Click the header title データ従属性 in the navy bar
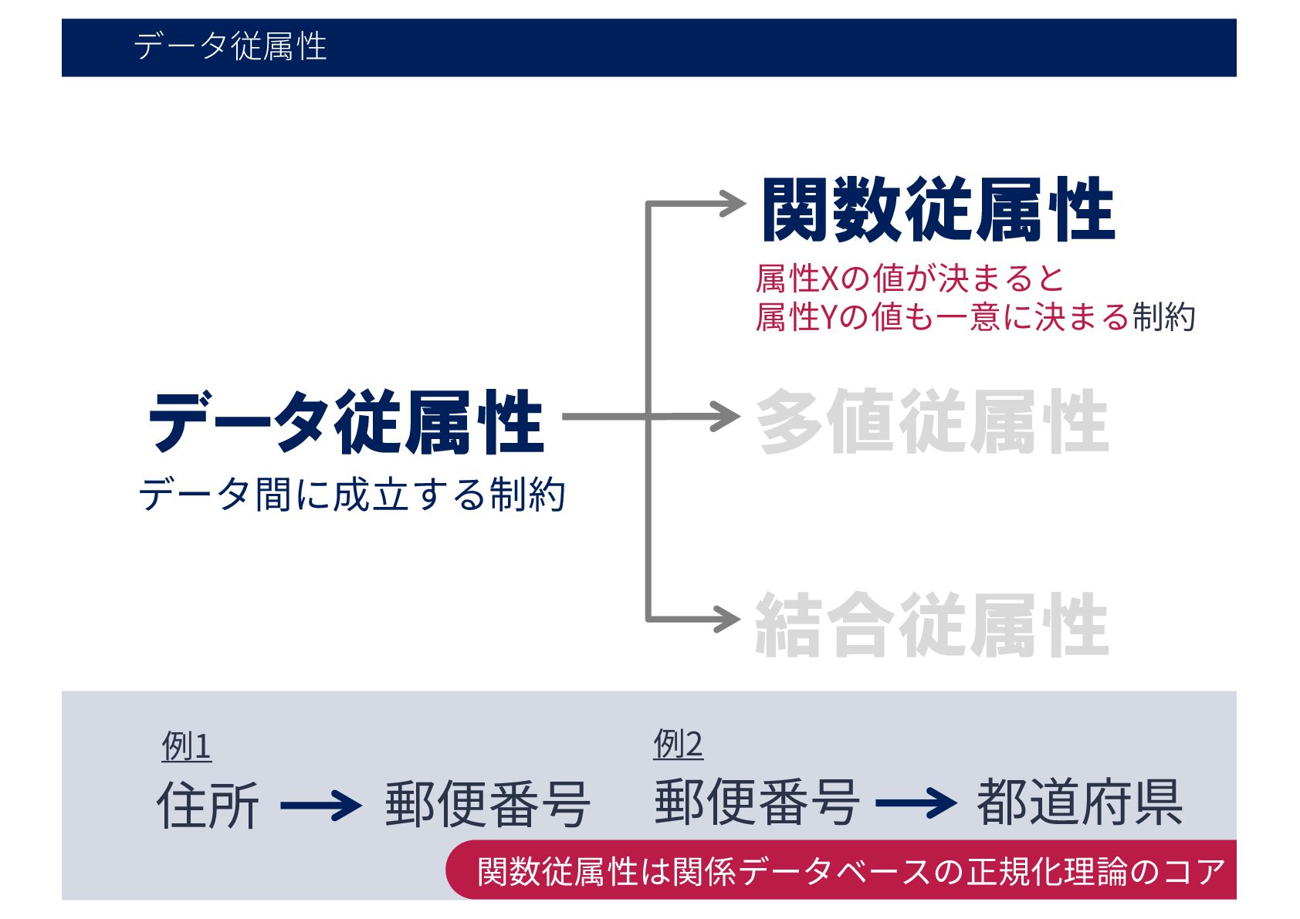pos(230,46)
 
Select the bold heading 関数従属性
pos(938,210)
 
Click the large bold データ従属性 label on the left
pos(346,422)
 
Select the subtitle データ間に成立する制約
pos(352,495)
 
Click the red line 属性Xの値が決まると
pos(910,279)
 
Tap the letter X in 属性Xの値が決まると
pos(829,279)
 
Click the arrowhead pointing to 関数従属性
pos(733,204)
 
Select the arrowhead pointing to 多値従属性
pos(726,417)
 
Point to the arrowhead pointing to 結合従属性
pos(726,619)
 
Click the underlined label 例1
pos(186,746)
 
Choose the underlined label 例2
pos(678,745)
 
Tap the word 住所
pos(208,806)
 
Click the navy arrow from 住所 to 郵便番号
pos(320,806)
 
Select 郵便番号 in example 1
pos(488,806)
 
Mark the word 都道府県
pos(1079,803)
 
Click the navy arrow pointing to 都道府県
pos(916,803)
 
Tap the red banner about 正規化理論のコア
pos(849,871)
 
